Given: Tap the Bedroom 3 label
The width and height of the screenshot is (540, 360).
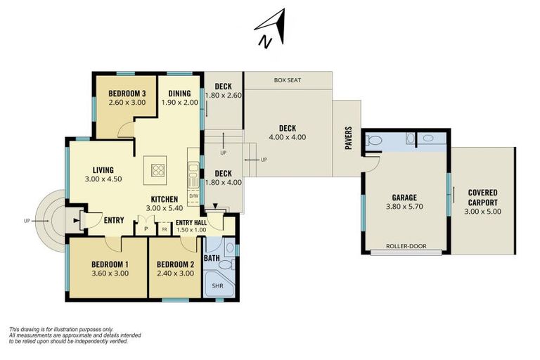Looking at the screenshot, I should [127, 94].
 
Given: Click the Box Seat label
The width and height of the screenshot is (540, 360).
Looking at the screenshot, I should [288, 80].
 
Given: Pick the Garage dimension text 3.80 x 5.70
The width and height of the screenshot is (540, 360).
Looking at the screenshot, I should [404, 207].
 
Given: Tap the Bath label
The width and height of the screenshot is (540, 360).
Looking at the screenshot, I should [212, 258].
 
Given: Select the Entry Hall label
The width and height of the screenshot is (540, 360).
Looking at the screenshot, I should [191, 221].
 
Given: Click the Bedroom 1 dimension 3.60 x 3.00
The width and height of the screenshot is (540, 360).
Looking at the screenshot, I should [110, 274].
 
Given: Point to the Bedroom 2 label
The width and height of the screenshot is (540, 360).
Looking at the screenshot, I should [175, 264].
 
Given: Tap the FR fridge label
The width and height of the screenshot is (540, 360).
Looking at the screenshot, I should [164, 229].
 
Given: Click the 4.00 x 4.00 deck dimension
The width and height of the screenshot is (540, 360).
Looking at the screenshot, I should [288, 137].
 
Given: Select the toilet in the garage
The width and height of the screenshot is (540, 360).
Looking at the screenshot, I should [375, 141].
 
